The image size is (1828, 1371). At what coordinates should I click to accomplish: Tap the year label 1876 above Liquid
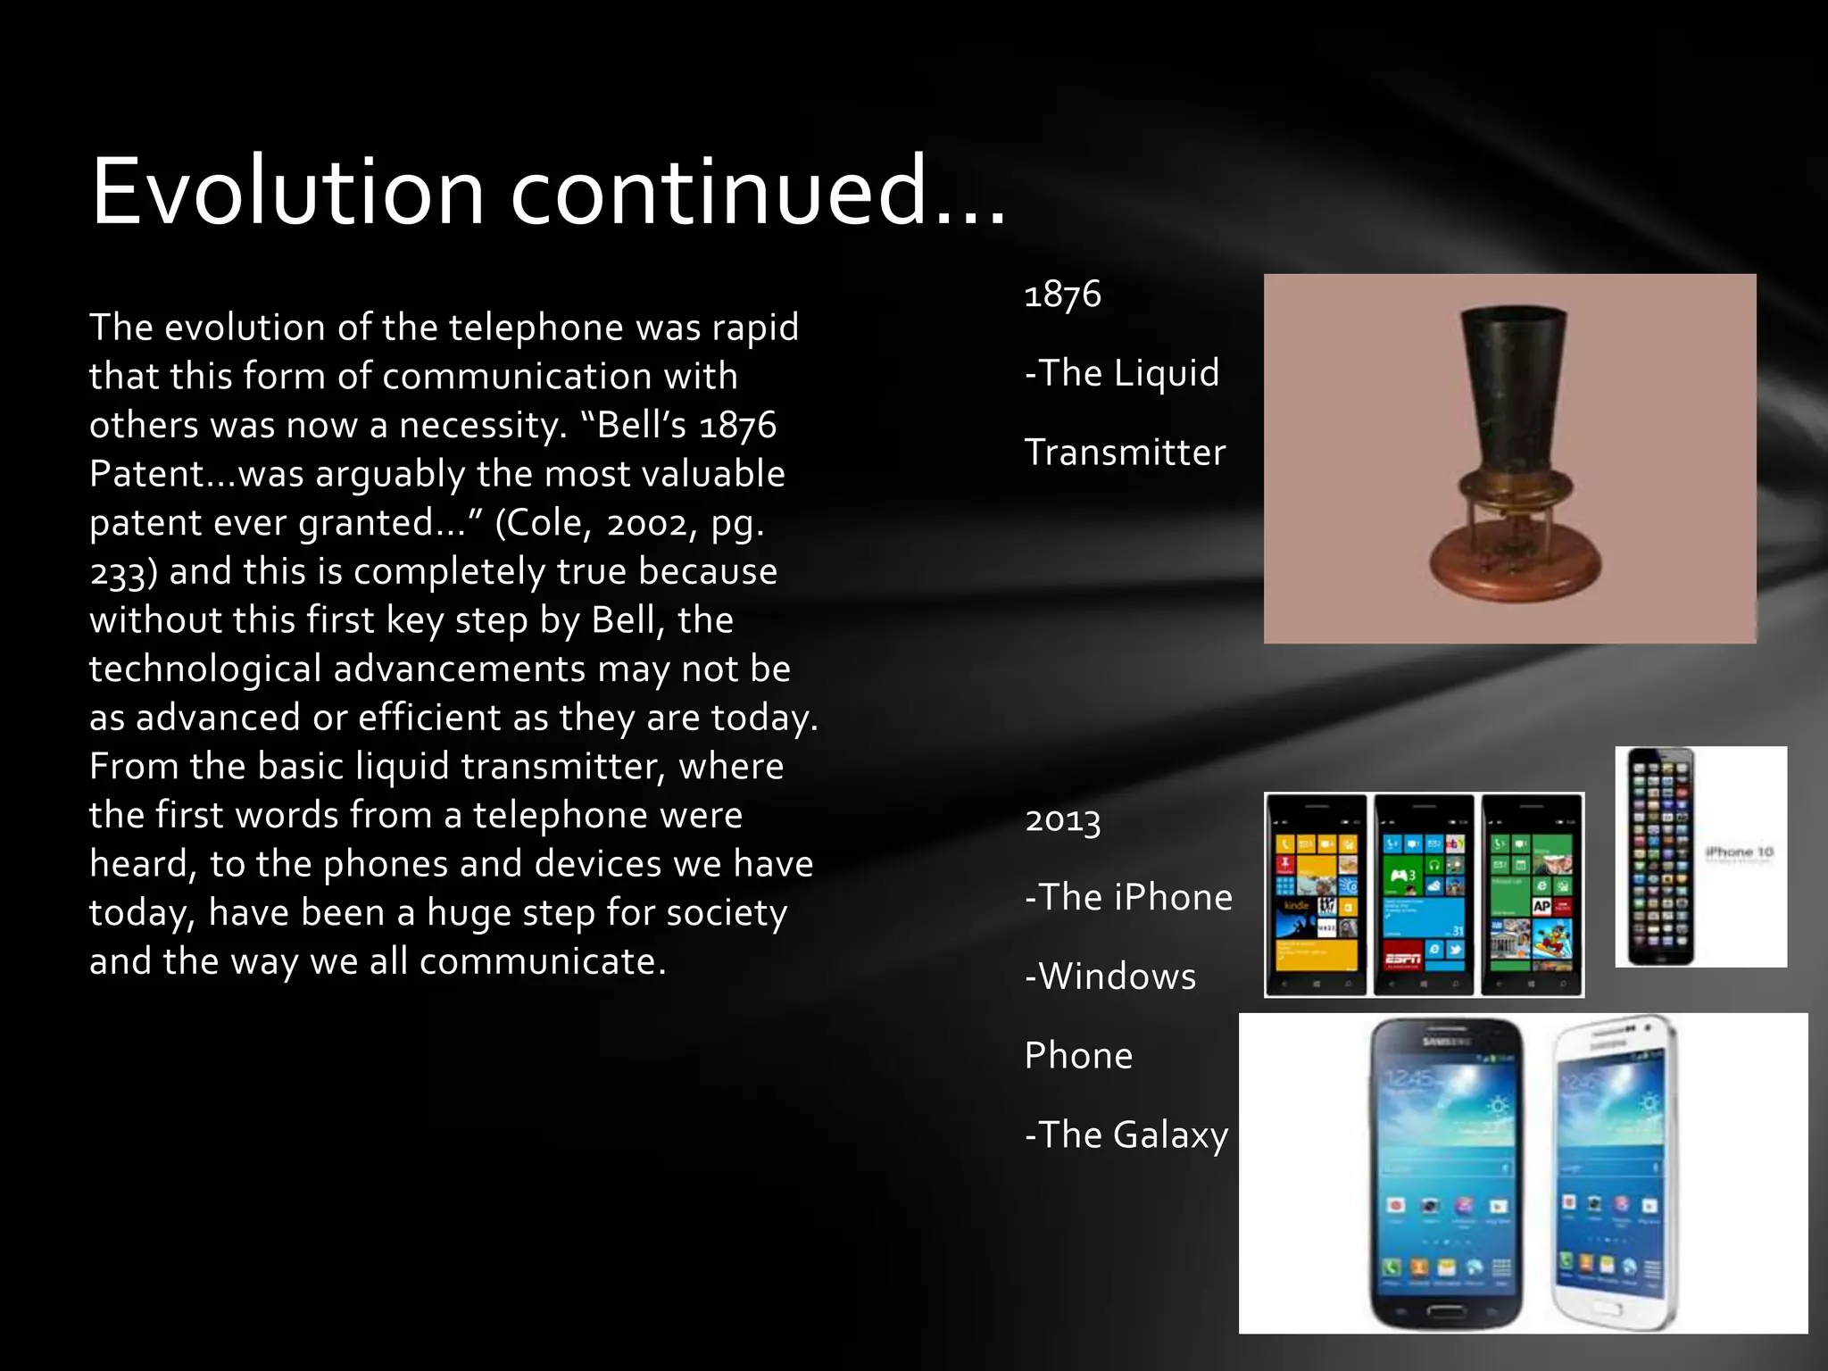[x=1062, y=295]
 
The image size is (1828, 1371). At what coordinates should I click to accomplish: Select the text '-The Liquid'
[x=1122, y=373]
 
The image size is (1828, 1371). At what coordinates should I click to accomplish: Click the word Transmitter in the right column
[x=1125, y=453]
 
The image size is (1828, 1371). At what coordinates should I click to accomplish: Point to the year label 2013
[x=1062, y=819]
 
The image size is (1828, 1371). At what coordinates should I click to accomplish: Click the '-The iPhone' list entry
[x=1128, y=897]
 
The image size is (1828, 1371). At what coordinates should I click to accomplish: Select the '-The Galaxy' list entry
[x=1126, y=1135]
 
